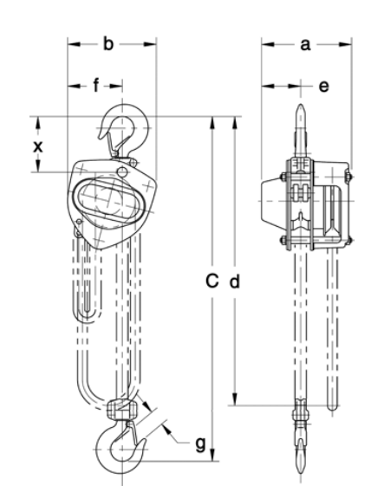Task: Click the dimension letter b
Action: click(108, 44)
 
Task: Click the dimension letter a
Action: click(305, 45)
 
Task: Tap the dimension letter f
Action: click(96, 85)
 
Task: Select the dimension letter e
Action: click(323, 87)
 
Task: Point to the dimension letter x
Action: click(38, 146)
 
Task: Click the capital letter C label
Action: click(212, 281)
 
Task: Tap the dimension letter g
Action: click(200, 444)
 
